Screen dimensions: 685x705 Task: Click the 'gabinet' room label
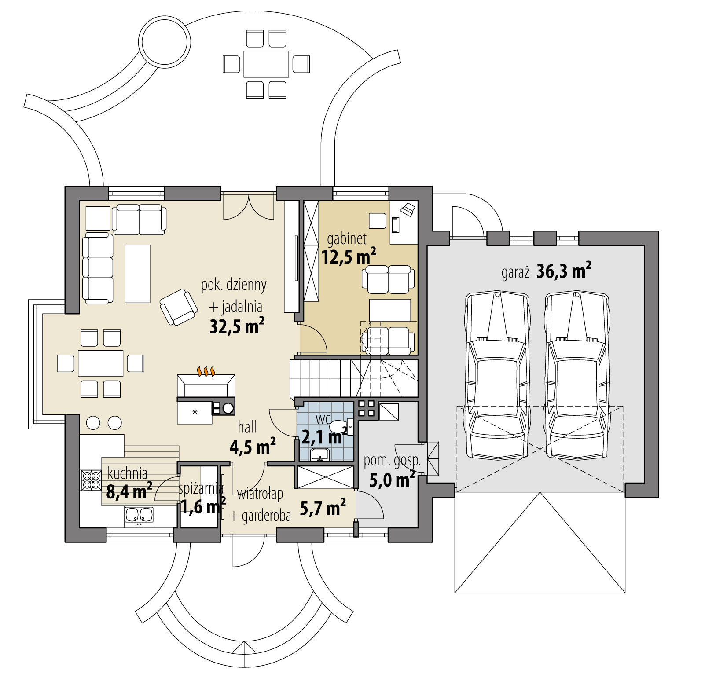[346, 239]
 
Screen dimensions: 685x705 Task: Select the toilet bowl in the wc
[338, 426]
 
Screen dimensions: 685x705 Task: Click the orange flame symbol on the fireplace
[206, 372]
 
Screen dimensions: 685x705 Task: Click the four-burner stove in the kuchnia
[91, 480]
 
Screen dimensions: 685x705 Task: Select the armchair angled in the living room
[178, 307]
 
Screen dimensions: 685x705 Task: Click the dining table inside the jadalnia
[100, 363]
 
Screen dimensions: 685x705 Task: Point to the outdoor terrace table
[266, 64]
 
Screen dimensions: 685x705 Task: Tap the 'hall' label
[247, 427]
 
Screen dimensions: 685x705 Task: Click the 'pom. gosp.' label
[392, 461]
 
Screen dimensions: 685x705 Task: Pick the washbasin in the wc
[319, 454]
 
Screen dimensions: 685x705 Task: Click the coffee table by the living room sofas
[137, 274]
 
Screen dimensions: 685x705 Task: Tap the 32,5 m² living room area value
[237, 326]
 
